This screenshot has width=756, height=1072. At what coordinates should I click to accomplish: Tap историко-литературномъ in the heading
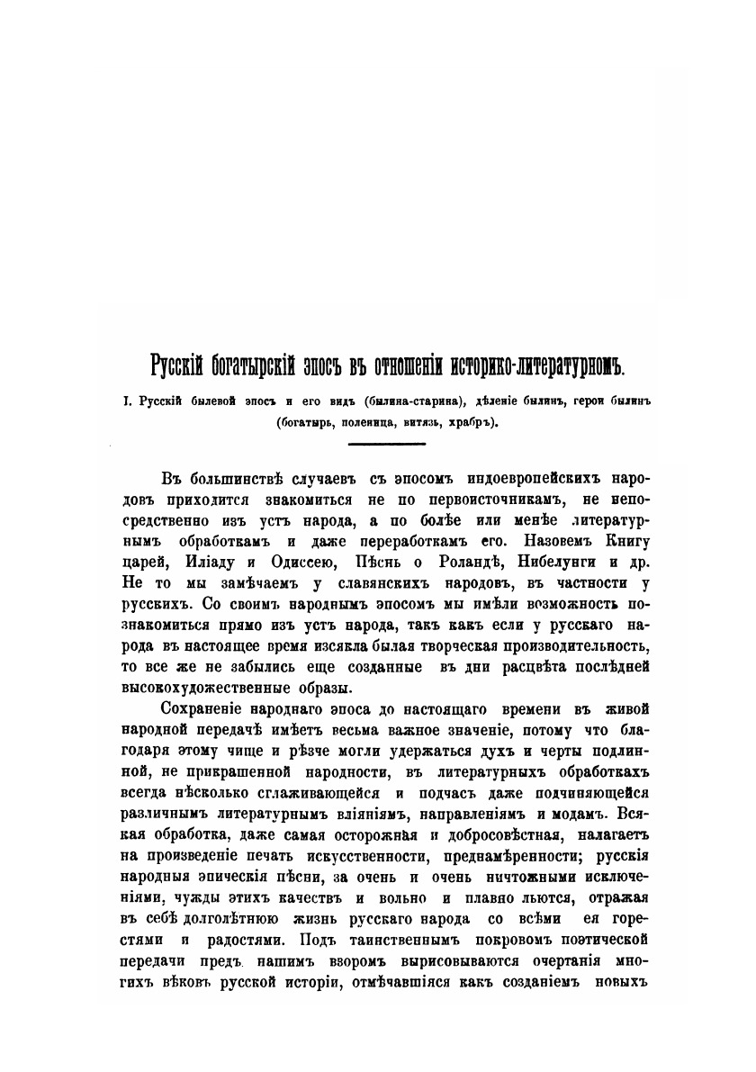(536, 366)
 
